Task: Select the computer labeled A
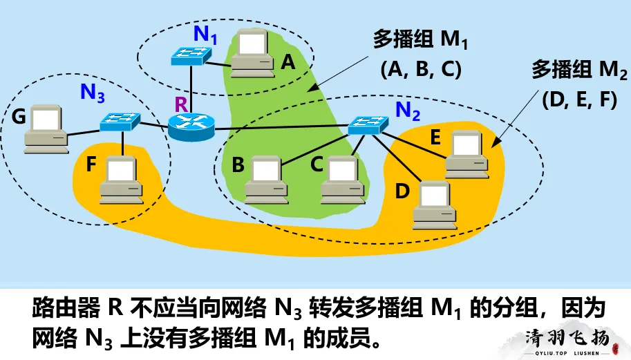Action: tap(249, 53)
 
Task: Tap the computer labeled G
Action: tap(46, 129)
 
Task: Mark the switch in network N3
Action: tap(120, 122)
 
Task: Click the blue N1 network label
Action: tap(205, 33)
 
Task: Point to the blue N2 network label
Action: tap(408, 109)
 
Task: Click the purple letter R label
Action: tap(181, 104)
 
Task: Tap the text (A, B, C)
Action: tap(421, 69)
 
